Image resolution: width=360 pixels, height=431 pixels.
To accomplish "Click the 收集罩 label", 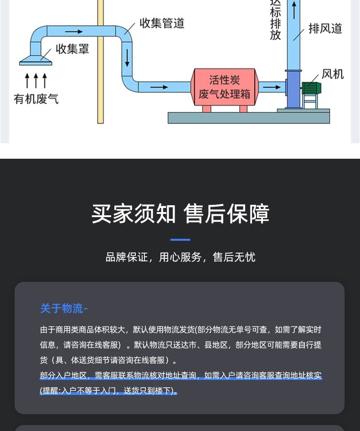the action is (72, 49).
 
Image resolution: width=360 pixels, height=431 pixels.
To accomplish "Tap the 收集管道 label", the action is (162, 23).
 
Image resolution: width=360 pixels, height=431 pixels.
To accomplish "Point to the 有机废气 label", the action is (36, 99).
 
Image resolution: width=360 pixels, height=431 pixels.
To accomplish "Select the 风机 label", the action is (333, 74).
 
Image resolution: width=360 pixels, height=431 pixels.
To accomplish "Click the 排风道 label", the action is (325, 28).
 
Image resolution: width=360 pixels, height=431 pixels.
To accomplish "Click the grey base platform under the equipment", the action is (248, 118).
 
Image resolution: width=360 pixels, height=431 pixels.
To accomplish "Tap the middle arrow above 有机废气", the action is (36, 81).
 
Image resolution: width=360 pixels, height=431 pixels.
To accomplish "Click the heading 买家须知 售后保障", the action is (180, 214).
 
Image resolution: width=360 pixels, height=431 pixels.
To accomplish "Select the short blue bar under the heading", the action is (180, 239).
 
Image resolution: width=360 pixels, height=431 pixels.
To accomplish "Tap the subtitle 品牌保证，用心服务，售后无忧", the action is (180, 257).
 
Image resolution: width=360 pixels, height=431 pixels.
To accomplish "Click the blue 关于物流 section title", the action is (64, 309).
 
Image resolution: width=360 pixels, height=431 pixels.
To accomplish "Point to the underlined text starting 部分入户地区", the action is (180, 376).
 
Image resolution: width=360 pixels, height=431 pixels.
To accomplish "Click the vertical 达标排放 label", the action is (275, 21).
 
